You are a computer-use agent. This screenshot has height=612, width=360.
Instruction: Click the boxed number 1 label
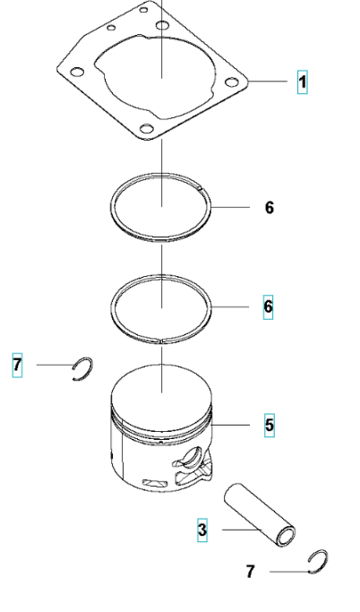[x=303, y=82]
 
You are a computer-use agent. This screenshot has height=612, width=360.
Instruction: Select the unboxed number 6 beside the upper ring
[x=270, y=207]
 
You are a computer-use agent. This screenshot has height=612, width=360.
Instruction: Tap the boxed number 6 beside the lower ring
[x=268, y=306]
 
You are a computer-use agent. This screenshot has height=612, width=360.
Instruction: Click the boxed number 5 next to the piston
[x=270, y=425]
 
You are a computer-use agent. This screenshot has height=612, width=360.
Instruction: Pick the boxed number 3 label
[x=202, y=530]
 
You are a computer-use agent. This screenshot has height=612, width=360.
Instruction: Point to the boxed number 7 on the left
[x=17, y=366]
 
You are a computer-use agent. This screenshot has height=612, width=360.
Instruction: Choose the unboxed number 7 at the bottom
[x=251, y=572]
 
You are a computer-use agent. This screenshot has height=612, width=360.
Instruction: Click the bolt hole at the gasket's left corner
[x=77, y=73]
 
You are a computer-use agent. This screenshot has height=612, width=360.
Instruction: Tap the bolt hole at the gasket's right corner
[x=232, y=82]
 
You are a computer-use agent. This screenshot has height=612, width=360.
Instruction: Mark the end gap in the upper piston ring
[x=201, y=190]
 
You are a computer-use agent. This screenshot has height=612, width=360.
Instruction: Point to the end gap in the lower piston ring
[x=161, y=340]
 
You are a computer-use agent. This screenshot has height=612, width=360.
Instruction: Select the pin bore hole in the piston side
[x=193, y=456]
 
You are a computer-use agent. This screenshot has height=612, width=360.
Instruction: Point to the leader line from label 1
[x=269, y=82]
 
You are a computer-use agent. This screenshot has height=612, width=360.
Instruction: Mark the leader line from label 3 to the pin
[x=242, y=530]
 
